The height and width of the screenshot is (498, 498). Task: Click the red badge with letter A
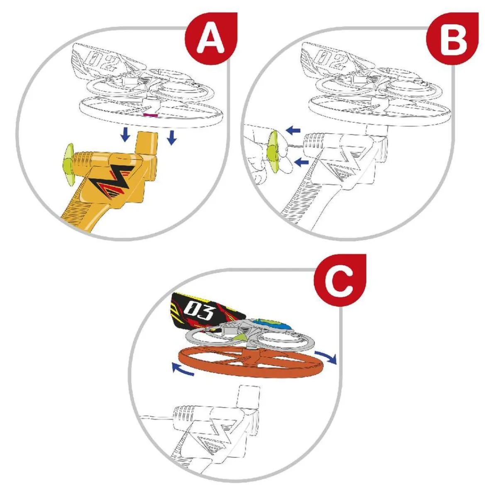211,38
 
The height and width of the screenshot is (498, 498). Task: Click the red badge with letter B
452,38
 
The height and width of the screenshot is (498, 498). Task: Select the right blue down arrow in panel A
171,137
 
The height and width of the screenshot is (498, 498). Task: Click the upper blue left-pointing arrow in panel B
293,130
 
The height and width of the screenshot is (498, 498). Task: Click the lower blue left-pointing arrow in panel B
301,162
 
